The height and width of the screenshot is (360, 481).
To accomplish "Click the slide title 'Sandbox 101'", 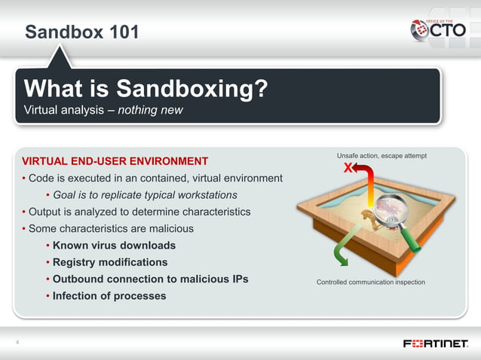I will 81,32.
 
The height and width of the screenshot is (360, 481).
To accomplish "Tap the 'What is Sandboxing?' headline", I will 146,89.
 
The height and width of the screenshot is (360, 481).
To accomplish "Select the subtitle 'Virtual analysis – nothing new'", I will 103,111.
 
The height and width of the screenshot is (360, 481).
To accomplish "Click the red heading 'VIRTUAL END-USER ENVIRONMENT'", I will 115,160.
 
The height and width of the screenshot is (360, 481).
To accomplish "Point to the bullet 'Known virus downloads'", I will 114,246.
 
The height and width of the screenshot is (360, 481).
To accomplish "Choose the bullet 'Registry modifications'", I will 110,262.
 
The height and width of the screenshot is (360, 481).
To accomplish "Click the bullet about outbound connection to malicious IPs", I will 150,279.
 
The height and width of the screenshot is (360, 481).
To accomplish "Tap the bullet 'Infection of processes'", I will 109,296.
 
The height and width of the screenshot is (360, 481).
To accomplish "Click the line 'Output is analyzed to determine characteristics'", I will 139,212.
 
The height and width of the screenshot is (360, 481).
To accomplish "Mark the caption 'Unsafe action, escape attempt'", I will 381,155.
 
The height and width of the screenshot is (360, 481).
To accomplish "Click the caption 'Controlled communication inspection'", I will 371,282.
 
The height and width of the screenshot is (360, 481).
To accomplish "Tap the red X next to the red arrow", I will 348,167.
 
